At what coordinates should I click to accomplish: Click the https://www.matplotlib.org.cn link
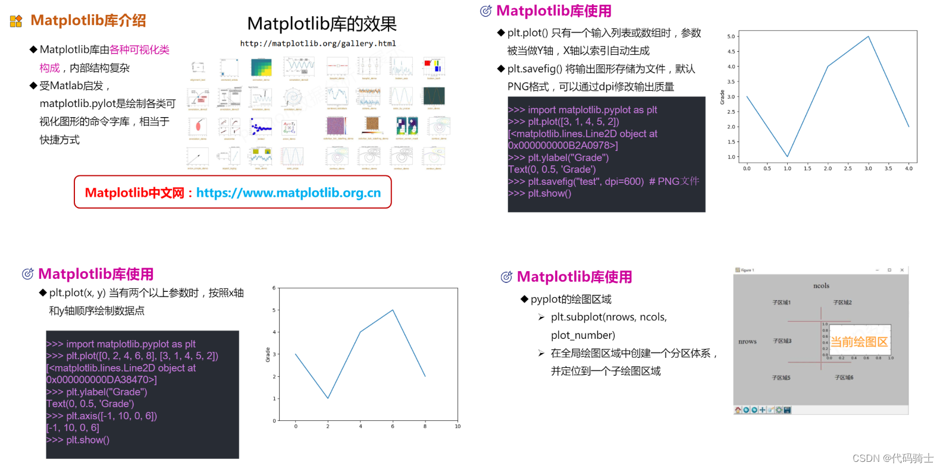[288, 193]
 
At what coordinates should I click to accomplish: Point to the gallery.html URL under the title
[318, 43]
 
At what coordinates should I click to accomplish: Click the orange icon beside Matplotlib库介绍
[16, 21]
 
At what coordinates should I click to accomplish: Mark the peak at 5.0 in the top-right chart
[868, 37]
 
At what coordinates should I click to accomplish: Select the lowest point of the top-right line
[787, 156]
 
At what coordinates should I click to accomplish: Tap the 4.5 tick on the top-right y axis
[731, 52]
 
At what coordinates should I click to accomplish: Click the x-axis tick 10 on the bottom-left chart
[458, 426]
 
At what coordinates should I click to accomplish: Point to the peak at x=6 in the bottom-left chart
[393, 310]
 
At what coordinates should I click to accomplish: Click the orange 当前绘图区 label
[859, 342]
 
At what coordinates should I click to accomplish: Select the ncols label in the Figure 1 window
[821, 286]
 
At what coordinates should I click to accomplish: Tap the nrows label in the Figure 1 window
[747, 342]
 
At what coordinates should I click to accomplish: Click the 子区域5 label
[781, 378]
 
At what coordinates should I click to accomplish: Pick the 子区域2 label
[842, 303]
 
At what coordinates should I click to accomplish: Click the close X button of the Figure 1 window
[902, 270]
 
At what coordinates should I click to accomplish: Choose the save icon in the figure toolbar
[787, 410]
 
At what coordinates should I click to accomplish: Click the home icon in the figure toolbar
[738, 410]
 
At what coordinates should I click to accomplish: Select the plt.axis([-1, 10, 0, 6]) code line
[102, 416]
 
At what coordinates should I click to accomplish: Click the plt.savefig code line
[603, 181]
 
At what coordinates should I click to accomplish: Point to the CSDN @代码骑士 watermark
[892, 458]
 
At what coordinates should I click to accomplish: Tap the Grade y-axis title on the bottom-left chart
[268, 355]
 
